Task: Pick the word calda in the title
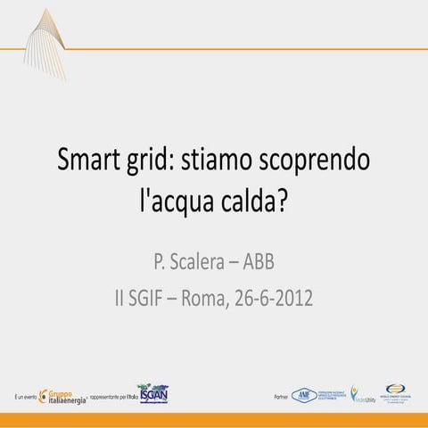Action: [249, 201]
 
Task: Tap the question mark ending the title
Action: [284, 201]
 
